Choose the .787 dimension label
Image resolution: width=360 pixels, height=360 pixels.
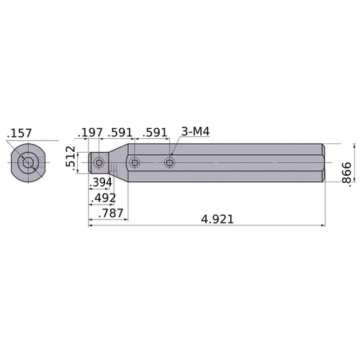click(x=111, y=213)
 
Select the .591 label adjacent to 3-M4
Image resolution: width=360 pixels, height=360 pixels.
click(x=155, y=132)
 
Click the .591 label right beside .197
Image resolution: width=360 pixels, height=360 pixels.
click(x=120, y=132)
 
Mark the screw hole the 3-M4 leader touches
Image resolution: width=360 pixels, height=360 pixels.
click(x=169, y=163)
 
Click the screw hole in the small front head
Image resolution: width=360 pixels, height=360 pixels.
click(x=99, y=163)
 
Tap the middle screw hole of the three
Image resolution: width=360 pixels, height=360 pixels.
click(x=135, y=163)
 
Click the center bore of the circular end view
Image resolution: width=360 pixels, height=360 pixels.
click(x=28, y=163)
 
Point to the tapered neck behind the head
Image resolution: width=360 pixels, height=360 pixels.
click(x=116, y=163)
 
